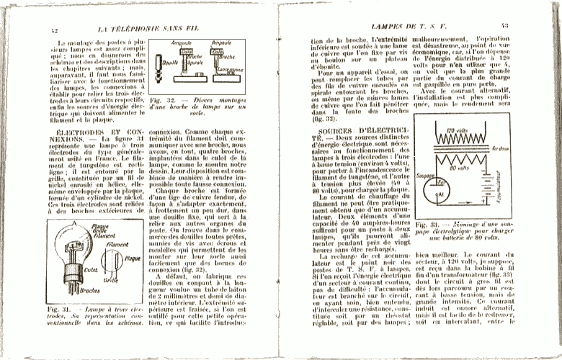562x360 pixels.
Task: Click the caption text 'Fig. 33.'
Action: click(427, 226)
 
